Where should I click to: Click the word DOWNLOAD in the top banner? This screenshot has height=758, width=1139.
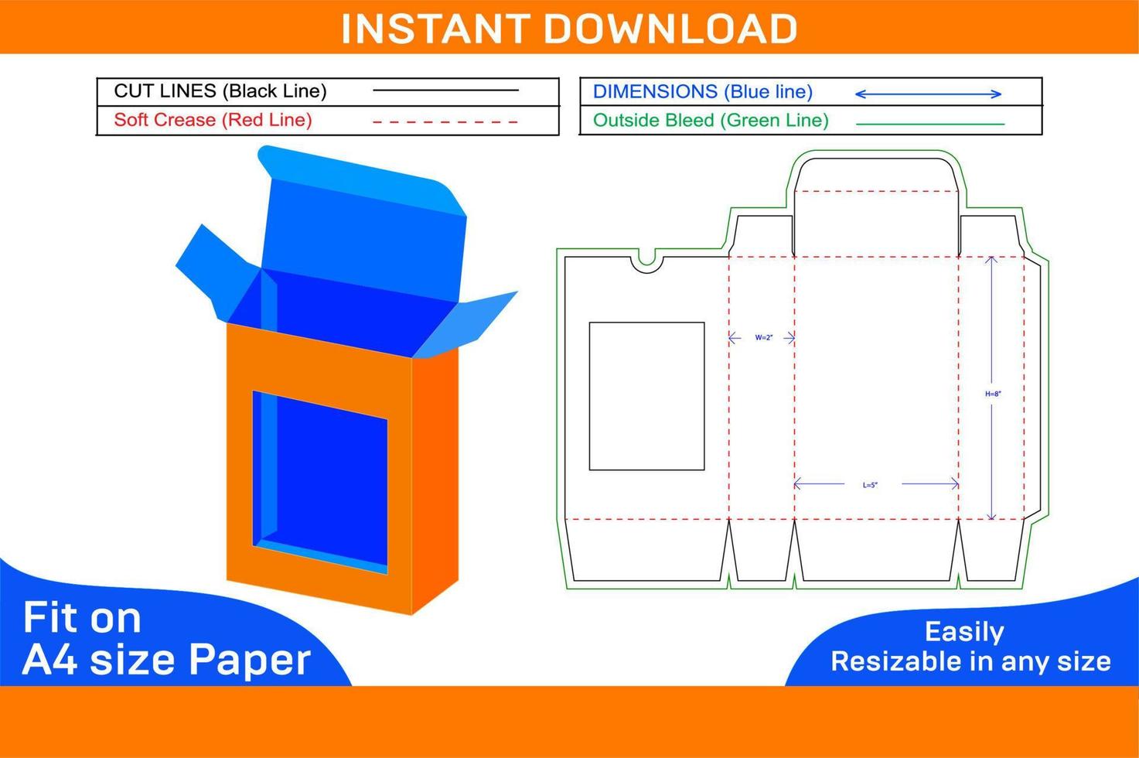(670, 29)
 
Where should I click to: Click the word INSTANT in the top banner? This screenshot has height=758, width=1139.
(437, 29)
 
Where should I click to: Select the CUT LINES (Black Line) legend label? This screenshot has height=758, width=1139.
(220, 91)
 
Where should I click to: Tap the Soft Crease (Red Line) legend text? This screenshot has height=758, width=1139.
(213, 120)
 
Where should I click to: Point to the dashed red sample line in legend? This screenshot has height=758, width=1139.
(445, 121)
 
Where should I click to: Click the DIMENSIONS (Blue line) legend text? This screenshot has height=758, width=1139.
(702, 92)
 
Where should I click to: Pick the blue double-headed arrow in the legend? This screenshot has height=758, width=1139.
(928, 94)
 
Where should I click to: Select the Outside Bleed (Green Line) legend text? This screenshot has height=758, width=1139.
(710, 121)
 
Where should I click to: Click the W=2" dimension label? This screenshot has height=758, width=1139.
(763, 338)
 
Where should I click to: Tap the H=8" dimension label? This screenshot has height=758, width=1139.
(993, 394)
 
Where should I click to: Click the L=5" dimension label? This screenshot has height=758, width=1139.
(870, 485)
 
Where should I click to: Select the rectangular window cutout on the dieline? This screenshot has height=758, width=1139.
(646, 396)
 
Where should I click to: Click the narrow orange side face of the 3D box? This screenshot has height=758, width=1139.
(435, 480)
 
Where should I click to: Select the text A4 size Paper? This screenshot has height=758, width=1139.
(166, 660)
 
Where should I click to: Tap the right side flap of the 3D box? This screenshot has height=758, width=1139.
(472, 321)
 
